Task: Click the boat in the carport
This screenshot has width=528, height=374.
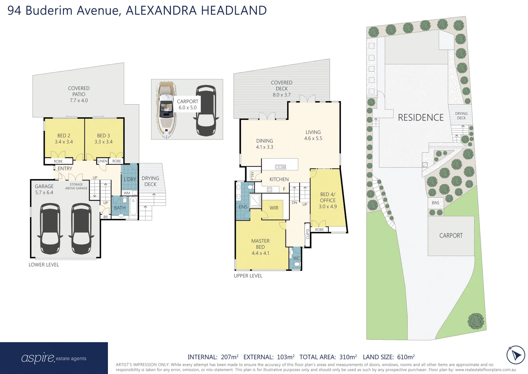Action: pyautogui.click(x=166, y=110)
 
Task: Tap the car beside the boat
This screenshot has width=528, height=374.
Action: pyautogui.click(x=206, y=110)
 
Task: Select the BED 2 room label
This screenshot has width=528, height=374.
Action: pyautogui.click(x=64, y=139)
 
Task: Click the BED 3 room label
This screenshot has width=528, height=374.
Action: pyautogui.click(x=103, y=139)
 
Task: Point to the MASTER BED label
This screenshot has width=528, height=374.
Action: pyautogui.click(x=260, y=247)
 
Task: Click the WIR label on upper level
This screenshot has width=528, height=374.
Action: pyautogui.click(x=274, y=208)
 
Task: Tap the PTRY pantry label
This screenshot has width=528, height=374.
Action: pyautogui.click(x=252, y=176)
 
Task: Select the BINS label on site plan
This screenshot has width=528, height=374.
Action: pyautogui.click(x=435, y=203)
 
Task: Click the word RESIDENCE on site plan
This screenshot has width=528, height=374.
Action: pyautogui.click(x=420, y=118)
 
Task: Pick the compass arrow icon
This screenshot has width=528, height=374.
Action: pyautogui.click(x=516, y=355)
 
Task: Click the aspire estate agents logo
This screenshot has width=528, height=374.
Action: pyautogui.click(x=54, y=358)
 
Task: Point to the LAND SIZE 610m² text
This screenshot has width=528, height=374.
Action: pyautogui.click(x=389, y=357)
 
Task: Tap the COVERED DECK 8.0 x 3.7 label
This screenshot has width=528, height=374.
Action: pyautogui.click(x=281, y=89)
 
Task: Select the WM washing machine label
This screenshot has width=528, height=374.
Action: pyautogui.click(x=127, y=193)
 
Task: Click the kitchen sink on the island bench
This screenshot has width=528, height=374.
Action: pyautogui.click(x=280, y=167)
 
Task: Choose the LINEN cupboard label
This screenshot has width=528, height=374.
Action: pyautogui.click(x=102, y=161)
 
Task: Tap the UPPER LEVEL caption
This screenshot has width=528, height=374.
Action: pyautogui.click(x=248, y=276)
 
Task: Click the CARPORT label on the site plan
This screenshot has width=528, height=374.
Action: pyautogui.click(x=451, y=235)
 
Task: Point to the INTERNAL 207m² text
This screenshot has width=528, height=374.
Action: pyautogui.click(x=213, y=357)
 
